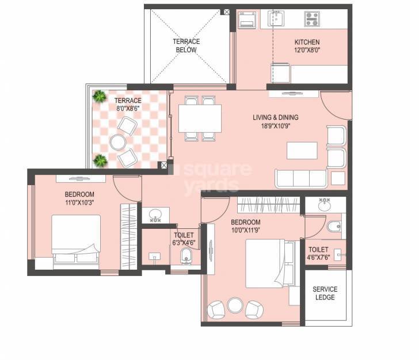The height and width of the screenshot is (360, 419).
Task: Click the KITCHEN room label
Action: click(307, 42)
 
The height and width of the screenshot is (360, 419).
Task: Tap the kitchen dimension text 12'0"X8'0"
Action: click(307, 50)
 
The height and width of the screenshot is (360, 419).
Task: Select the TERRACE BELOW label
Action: click(186, 46)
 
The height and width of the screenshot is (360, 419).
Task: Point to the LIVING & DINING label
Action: click(275, 117)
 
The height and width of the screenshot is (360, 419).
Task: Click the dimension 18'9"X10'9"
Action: click(275, 125)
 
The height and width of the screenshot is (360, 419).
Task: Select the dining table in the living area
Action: click(200, 118)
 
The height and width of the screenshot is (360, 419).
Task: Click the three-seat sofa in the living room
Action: click(301, 179)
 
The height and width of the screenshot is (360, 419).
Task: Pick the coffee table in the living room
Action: click(302, 151)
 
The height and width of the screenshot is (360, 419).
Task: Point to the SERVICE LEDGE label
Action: click(325, 293)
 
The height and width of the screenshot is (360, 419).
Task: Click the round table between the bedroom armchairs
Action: click(234, 305)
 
